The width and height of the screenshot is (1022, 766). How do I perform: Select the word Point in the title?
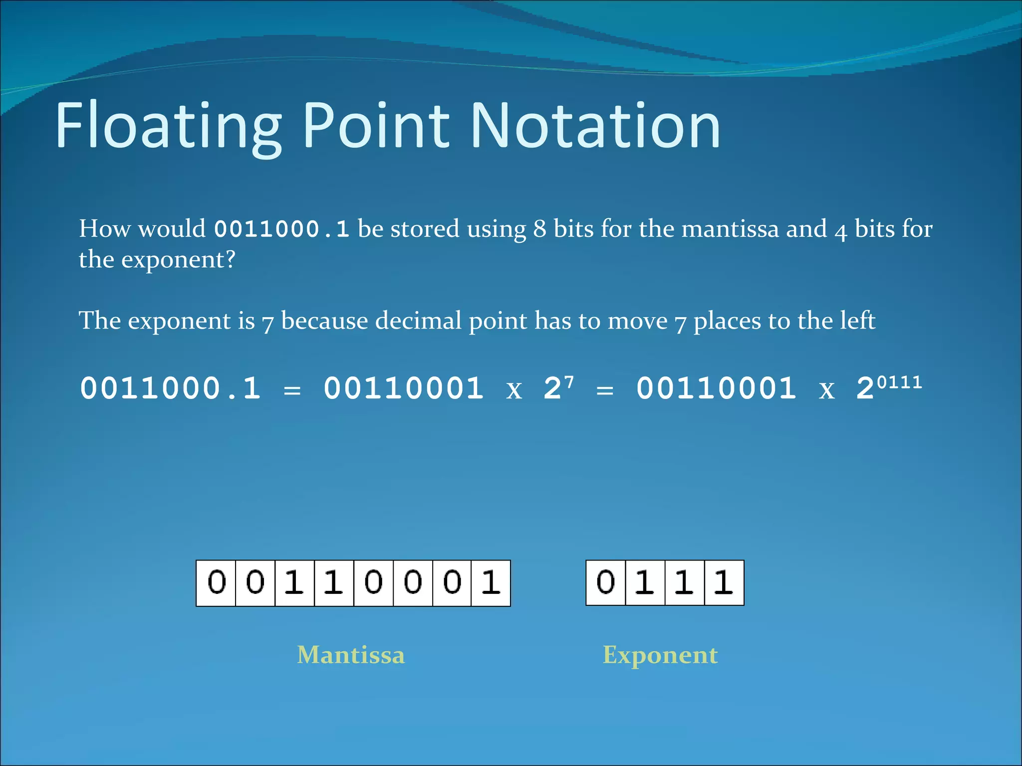376,126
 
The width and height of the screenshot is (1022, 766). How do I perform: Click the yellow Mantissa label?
351,655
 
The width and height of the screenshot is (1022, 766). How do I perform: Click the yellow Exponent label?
660,655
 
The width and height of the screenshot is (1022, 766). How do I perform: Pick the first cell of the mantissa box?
216,582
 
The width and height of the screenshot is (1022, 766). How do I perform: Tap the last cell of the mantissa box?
491,582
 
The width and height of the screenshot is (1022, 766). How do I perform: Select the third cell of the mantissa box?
294,582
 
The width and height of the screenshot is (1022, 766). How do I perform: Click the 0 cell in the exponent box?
605,582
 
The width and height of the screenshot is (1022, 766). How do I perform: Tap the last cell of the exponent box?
724,582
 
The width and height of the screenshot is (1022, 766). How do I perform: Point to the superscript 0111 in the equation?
899,383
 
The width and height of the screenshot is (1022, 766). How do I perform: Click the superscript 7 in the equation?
569,383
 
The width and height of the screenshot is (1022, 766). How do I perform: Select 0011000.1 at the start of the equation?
170,388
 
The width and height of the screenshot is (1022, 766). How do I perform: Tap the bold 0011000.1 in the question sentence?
281,229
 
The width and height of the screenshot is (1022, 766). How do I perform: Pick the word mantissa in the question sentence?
730,229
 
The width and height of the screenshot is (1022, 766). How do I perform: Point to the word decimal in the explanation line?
418,320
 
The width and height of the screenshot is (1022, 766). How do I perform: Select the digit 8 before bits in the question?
539,229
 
